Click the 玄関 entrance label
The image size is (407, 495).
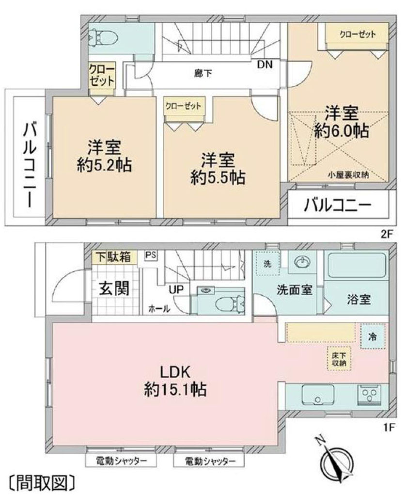[x=114, y=289]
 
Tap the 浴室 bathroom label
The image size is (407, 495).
[x=359, y=300]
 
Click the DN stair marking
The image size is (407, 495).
[x=265, y=64]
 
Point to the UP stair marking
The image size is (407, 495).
[x=176, y=289]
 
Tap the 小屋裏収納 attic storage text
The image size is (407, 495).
[x=348, y=176]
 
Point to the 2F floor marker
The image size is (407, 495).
[x=386, y=232]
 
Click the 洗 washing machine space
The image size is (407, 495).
[x=268, y=264]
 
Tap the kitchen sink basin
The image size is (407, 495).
[x=318, y=395]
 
